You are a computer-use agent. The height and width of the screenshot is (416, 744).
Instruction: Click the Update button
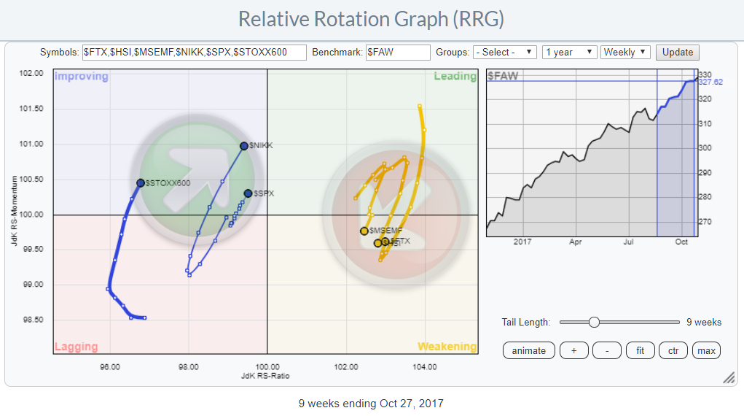tap(678, 53)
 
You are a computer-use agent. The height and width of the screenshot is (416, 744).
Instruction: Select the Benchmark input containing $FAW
tap(398, 53)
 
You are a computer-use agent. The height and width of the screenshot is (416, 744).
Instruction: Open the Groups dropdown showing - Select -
tap(504, 53)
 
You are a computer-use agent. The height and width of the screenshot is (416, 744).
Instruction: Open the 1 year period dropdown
tap(570, 53)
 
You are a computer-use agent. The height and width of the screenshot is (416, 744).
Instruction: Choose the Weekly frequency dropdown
tap(626, 53)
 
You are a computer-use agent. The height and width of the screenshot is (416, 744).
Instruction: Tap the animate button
tap(528, 350)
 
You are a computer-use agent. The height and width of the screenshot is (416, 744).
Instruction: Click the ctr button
tap(673, 350)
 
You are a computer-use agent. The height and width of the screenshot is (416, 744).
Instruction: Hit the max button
tap(705, 350)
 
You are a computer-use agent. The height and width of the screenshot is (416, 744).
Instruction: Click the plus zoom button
tap(574, 350)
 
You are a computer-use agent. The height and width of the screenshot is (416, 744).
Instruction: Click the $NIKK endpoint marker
tap(244, 146)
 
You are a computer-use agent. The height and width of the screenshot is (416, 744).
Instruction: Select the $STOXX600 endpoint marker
tap(141, 183)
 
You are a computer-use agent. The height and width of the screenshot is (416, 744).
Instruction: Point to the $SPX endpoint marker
tap(248, 193)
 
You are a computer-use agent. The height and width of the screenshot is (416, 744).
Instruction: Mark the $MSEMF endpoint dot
tap(364, 231)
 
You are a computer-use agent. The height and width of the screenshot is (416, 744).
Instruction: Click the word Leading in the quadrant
tap(455, 77)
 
